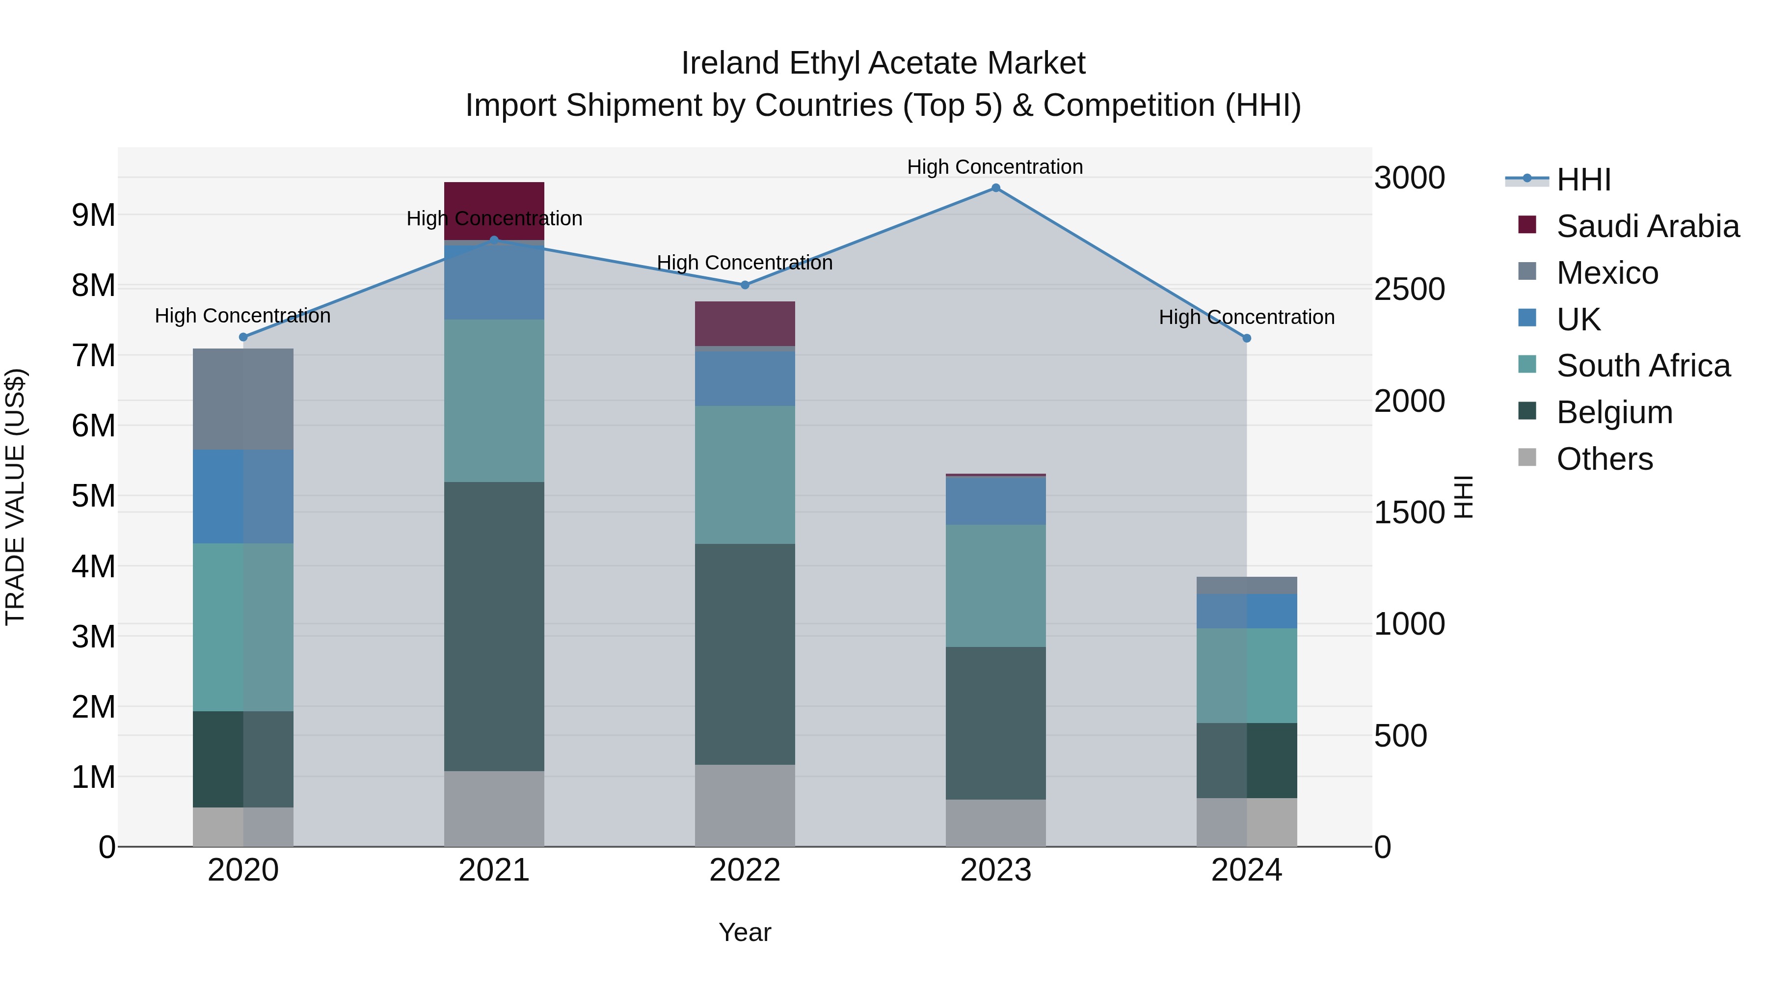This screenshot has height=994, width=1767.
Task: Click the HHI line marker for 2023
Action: click(x=995, y=188)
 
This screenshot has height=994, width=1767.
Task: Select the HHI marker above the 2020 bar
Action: click(x=243, y=337)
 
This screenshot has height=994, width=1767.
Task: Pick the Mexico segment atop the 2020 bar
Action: click(x=243, y=399)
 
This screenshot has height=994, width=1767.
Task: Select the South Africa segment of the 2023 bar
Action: click(x=995, y=585)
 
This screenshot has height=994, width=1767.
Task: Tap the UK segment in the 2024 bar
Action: click(x=1246, y=611)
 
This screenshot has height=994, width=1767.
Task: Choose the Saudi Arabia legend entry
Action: click(x=1647, y=226)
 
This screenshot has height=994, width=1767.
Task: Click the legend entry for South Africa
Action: click(x=1643, y=366)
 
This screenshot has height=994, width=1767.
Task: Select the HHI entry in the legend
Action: click(x=1583, y=180)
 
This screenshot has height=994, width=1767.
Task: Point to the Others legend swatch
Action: click(x=1527, y=457)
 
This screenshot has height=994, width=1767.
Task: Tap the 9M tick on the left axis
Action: click(x=94, y=215)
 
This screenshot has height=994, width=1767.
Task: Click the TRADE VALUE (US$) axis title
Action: click(x=15, y=497)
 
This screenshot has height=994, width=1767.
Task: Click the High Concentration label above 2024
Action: click(x=1246, y=317)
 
